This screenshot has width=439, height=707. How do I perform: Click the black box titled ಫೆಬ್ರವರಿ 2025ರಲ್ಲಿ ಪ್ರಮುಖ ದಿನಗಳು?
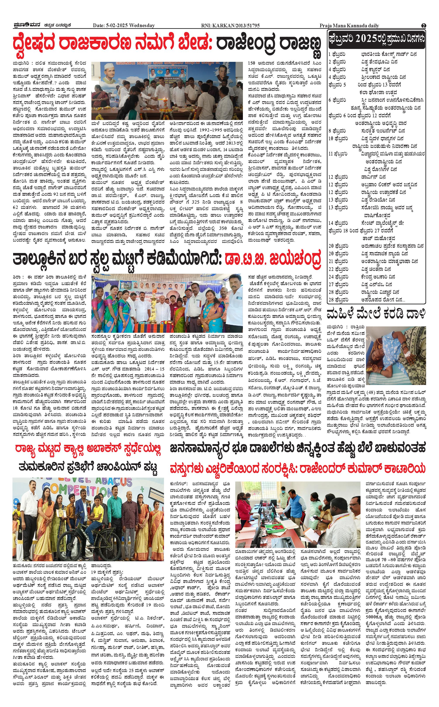376,40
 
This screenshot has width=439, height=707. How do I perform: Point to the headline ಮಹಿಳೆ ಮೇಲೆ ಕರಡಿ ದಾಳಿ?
376,314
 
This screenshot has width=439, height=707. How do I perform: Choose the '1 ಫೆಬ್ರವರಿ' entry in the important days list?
337,54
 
